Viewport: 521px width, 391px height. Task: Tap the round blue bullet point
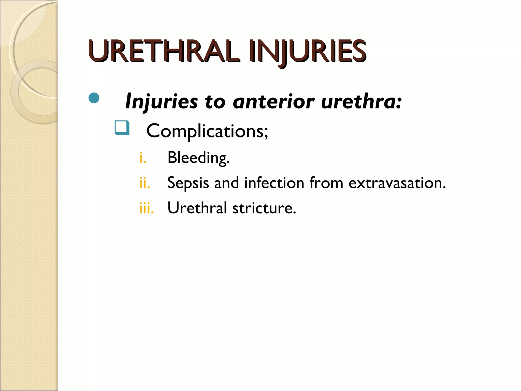(94, 98)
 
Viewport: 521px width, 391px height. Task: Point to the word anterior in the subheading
(274, 101)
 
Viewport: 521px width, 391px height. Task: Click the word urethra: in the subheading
(361, 101)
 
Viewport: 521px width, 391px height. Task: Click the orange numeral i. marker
(143, 158)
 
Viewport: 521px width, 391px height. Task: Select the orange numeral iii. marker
(147, 208)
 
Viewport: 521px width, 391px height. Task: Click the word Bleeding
(198, 158)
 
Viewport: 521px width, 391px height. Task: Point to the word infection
(274, 183)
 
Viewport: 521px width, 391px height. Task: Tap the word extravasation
(397, 183)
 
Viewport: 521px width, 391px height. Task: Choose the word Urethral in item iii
(197, 208)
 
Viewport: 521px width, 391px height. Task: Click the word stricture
(264, 208)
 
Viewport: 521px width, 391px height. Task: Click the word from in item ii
(326, 183)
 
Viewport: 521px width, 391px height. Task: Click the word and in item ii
(226, 183)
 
